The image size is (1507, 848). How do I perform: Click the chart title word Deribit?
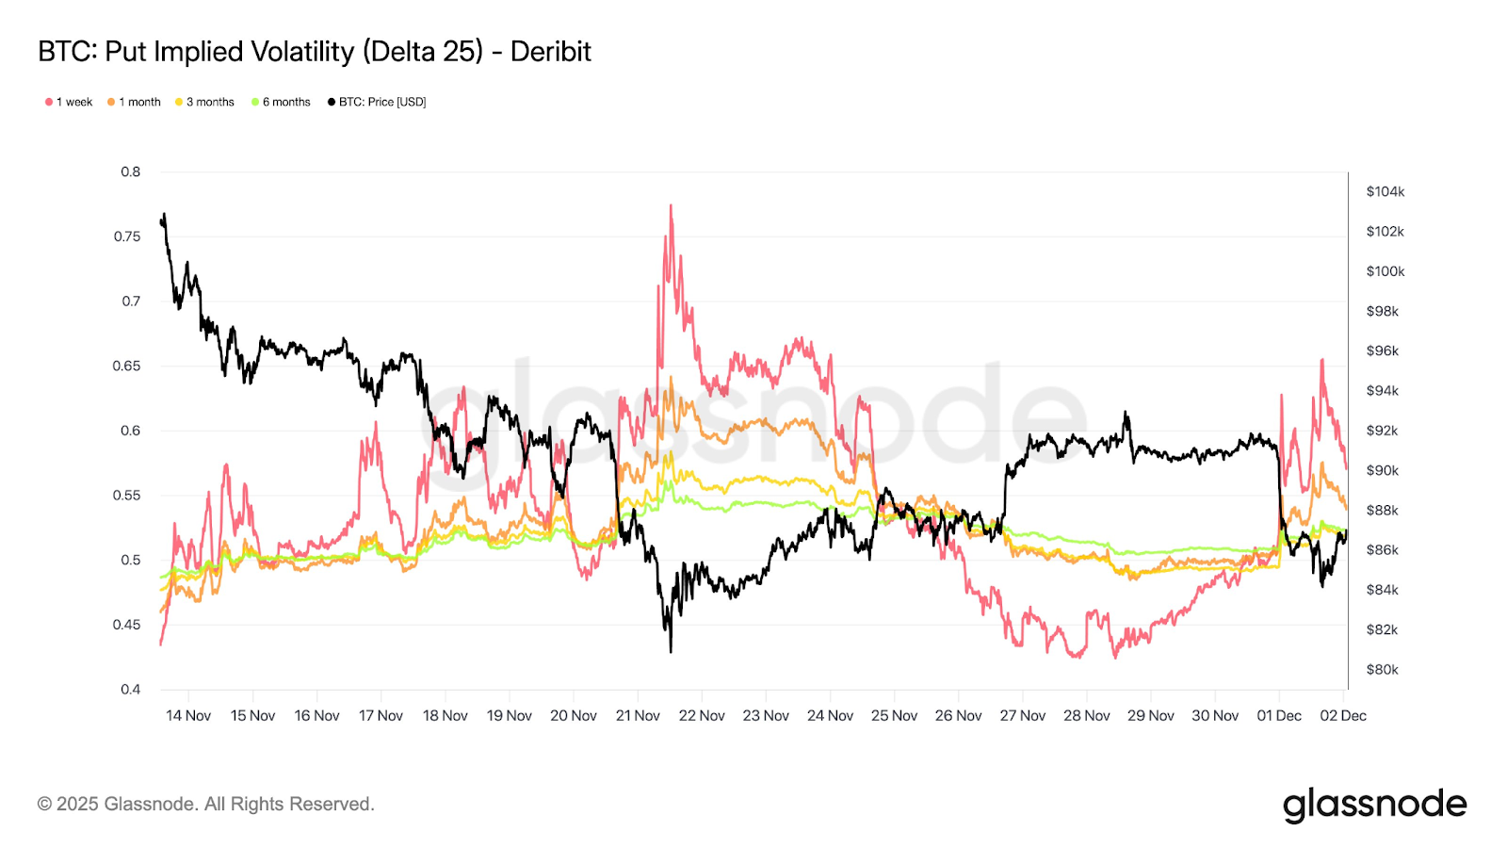tap(550, 52)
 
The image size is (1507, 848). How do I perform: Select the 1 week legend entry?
tap(69, 102)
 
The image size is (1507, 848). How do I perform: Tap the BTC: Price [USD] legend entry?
tap(377, 102)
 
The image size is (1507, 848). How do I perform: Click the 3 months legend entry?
tap(204, 102)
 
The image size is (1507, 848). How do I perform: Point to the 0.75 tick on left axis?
tap(127, 236)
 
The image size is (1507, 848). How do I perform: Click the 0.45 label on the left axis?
tap(127, 625)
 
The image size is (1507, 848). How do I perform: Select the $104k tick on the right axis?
tap(1385, 191)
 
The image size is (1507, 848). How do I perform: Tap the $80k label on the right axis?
tap(1382, 670)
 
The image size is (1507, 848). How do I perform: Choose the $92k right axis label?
tap(1382, 431)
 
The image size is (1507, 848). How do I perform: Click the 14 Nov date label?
tap(188, 716)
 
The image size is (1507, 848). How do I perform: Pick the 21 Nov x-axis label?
tap(638, 716)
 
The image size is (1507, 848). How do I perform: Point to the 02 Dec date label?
tap(1342, 716)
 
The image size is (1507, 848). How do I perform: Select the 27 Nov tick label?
tap(1022, 716)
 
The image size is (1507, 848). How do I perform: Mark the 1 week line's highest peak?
tap(671, 205)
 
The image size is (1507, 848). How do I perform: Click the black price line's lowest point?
tap(671, 651)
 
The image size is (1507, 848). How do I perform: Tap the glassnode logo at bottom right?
tap(1374, 805)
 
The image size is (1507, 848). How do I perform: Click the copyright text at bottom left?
tap(205, 804)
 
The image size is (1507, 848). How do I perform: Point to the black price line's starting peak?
tap(165, 215)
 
